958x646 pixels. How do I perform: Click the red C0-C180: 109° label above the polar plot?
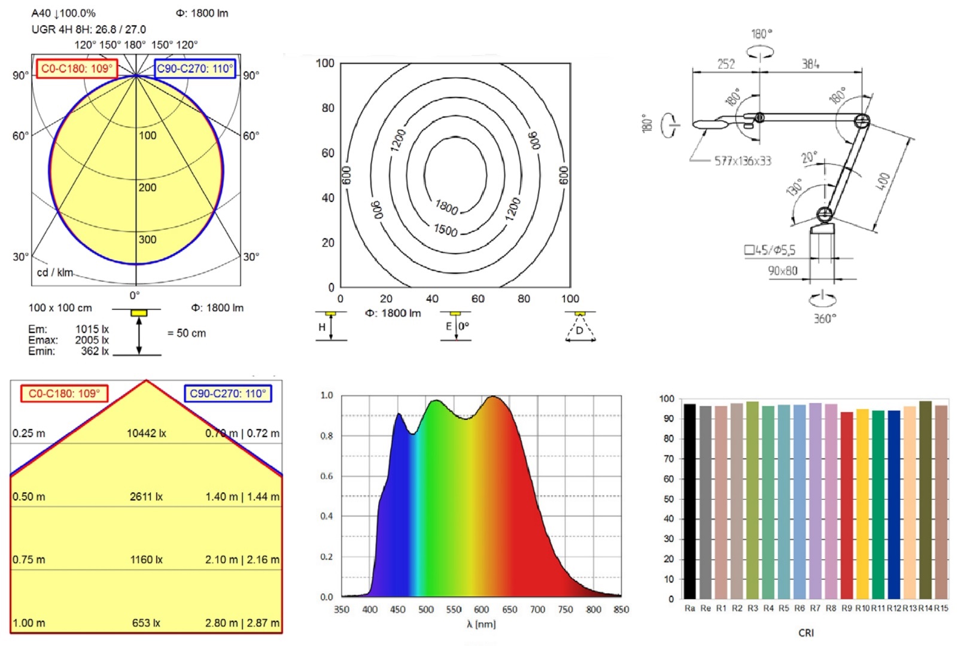[77, 68]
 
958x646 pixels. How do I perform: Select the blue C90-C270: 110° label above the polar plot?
[195, 68]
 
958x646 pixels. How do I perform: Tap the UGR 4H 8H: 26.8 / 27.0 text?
[89, 29]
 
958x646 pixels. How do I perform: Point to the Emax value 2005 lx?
[92, 340]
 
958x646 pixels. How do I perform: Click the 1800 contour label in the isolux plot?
[446, 208]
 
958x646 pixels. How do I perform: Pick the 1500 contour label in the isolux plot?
[445, 230]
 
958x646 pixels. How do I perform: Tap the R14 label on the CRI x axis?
[925, 608]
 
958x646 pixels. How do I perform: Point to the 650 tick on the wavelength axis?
[510, 610]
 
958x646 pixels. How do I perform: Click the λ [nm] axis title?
[481, 624]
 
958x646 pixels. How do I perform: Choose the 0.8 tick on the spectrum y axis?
[327, 435]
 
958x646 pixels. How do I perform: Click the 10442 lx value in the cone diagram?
[146, 433]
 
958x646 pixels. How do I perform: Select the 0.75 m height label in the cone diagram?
[29, 559]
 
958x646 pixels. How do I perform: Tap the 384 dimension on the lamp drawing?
[810, 63]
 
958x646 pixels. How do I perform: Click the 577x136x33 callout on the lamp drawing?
[743, 160]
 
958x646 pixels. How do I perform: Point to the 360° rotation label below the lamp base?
[825, 318]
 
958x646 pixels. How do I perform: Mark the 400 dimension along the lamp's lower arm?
[883, 181]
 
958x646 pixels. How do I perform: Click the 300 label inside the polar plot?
[147, 239]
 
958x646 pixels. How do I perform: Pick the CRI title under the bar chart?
[806, 633]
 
